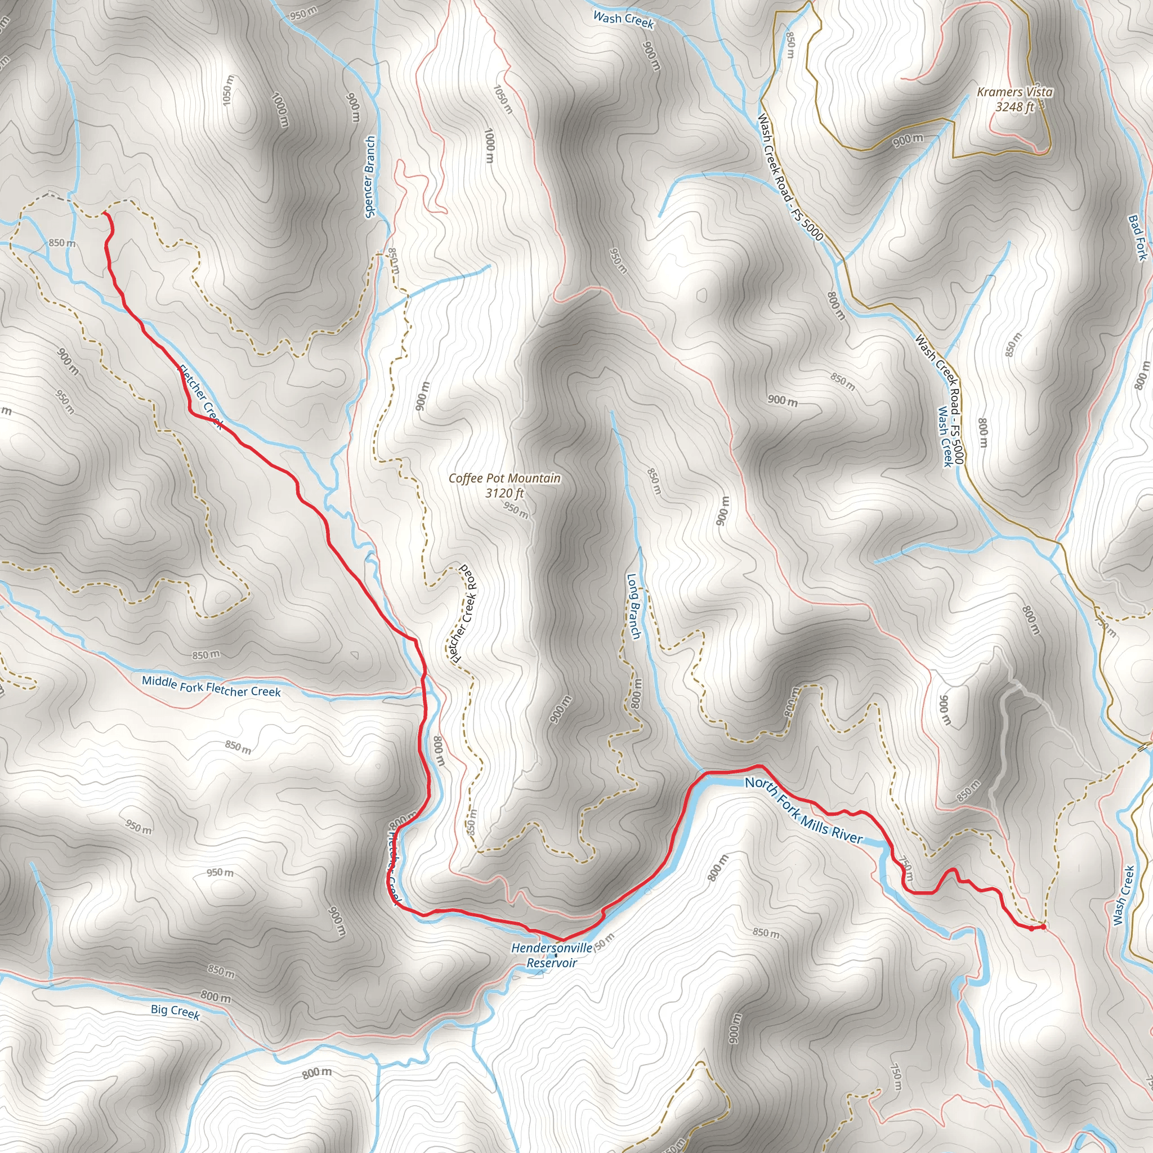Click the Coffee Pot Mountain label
(x=504, y=478)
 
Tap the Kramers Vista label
(x=1015, y=92)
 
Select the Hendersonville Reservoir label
(x=552, y=955)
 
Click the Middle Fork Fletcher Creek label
(x=211, y=686)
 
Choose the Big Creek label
(x=175, y=1011)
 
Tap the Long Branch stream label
(x=633, y=606)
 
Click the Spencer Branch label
(x=369, y=177)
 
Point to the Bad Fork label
(x=1137, y=238)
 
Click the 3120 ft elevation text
(x=504, y=493)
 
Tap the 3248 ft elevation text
(x=1015, y=108)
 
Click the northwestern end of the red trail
(x=105, y=212)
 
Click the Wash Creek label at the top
(x=624, y=19)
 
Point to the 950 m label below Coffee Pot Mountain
(x=515, y=510)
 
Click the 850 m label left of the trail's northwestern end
(x=62, y=243)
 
